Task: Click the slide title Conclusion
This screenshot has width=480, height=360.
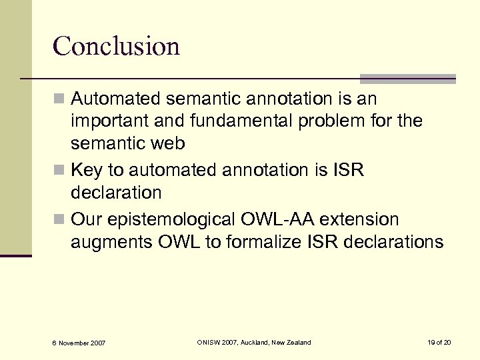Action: (116, 46)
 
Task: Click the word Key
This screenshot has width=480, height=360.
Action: (85, 171)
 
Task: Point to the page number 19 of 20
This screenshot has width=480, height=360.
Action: (439, 342)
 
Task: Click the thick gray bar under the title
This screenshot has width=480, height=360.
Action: (407, 78)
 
